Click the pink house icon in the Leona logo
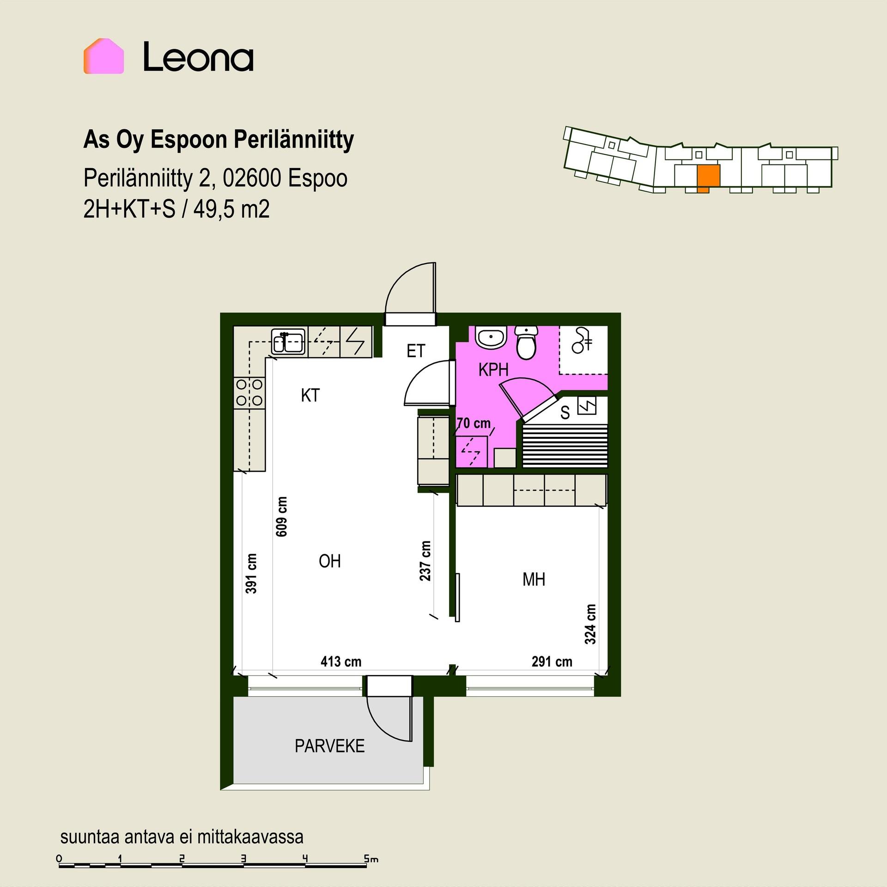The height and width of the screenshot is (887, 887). coord(103,56)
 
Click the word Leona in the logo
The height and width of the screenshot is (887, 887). coord(198,56)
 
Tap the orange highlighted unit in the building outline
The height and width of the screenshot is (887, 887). coord(708,178)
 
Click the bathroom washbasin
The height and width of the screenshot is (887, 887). coord(491,337)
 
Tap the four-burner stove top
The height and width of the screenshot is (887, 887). coord(249,393)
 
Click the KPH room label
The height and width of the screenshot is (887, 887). coord(493,370)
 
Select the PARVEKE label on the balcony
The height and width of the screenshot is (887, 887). coord(330,746)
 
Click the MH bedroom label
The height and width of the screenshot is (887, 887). coord(534,579)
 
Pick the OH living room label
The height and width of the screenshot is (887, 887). coord(330,561)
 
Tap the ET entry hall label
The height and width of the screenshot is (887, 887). coord(415,351)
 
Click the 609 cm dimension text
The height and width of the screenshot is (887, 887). coord(281,516)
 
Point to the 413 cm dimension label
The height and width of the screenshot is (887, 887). coord(341,662)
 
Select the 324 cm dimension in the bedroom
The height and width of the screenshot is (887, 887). coord(590,624)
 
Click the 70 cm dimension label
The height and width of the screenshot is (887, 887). coord(474,423)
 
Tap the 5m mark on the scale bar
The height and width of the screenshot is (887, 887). coord(371,859)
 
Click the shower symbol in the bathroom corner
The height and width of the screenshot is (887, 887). coord(582,341)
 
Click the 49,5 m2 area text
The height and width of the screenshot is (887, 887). coord(231,209)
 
